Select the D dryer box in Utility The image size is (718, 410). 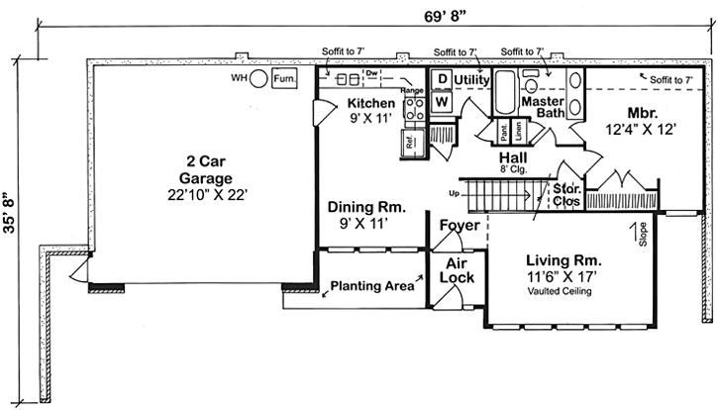(x=441, y=79)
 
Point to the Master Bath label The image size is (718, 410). (x=545, y=106)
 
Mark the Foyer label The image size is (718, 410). (x=460, y=226)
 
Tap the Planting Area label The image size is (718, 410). (x=371, y=287)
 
